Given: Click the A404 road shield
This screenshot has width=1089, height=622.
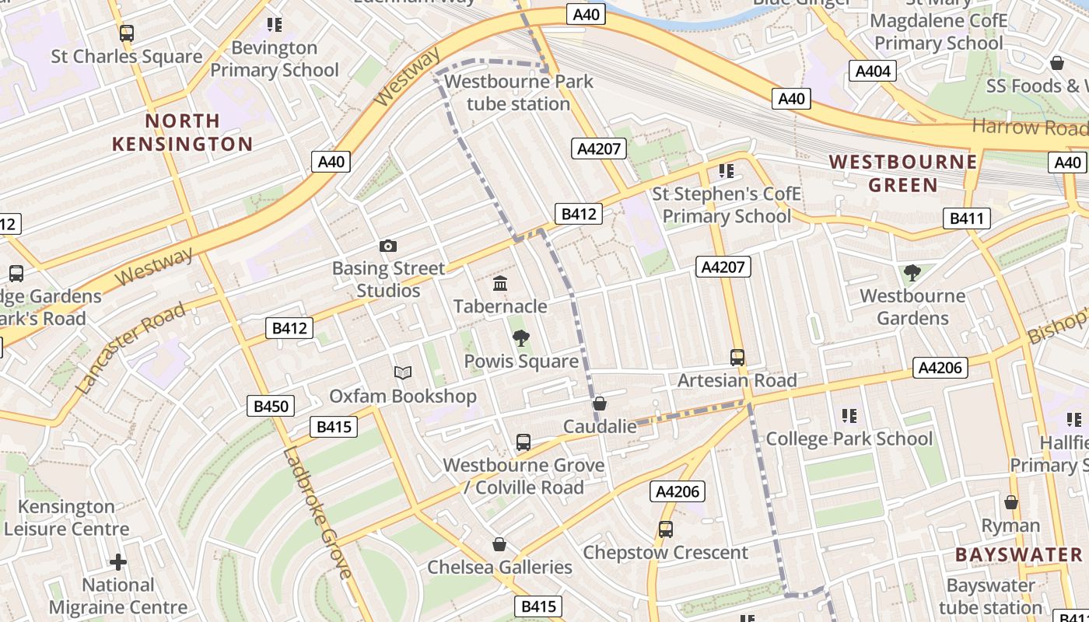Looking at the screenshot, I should [x=872, y=72].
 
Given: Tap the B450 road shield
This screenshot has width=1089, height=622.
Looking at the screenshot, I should [x=271, y=406].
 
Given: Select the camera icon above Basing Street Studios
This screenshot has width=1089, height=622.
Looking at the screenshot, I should [x=388, y=246].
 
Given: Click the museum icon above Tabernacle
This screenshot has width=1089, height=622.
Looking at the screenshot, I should [x=500, y=284].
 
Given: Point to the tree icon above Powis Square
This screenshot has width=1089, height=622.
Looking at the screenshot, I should [x=521, y=338].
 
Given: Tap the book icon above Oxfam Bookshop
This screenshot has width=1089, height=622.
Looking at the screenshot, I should [x=402, y=373].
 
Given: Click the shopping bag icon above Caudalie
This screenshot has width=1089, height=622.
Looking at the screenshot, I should [x=600, y=404].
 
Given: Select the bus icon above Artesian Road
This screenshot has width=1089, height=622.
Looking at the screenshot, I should [x=737, y=358].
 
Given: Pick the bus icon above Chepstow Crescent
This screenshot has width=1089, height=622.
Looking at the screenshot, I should [x=666, y=529].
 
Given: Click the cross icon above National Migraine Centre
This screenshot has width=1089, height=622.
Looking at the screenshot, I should [x=118, y=561].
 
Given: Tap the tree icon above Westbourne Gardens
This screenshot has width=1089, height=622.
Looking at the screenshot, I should [x=912, y=273].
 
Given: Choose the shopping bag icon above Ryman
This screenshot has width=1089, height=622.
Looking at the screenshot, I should [x=1011, y=503].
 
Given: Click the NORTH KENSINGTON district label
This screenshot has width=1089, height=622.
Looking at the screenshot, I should [x=183, y=132].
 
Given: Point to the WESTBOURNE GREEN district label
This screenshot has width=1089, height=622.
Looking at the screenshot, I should [x=903, y=173].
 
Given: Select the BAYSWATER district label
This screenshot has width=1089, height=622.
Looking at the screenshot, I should [x=1019, y=554].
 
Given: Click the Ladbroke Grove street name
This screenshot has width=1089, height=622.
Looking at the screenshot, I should [x=317, y=512].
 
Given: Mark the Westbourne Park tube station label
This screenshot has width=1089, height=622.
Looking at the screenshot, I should [x=518, y=93].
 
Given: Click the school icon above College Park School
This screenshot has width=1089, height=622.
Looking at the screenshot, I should [x=849, y=416].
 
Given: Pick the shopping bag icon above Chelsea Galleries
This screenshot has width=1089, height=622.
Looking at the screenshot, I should [x=499, y=544].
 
